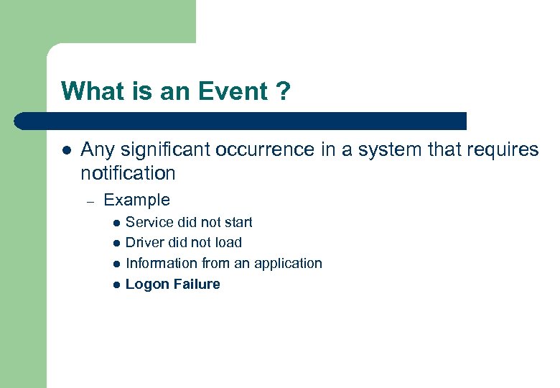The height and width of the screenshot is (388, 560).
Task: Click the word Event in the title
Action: [x=228, y=91]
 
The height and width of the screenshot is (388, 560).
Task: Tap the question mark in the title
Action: [x=282, y=91]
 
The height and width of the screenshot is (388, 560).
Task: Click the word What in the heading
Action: [x=85, y=91]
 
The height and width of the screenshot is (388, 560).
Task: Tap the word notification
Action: [x=128, y=173]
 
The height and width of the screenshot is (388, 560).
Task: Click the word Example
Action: [x=137, y=200]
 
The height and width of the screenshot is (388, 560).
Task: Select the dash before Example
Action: [x=90, y=200]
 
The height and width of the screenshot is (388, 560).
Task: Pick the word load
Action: [x=228, y=243]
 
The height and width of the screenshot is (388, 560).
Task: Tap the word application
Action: [x=289, y=264]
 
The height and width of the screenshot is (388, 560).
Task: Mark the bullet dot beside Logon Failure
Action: [x=115, y=285]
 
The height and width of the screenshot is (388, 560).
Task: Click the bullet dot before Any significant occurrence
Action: [x=65, y=150]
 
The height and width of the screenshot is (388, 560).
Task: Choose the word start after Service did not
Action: [x=238, y=222]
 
